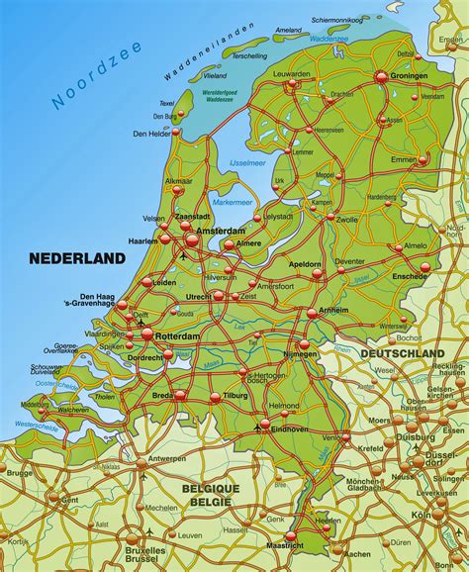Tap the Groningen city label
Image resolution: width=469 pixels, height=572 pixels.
(408, 76)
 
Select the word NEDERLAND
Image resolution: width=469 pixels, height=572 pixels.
(78, 258)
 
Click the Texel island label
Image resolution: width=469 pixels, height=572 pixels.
(166, 101)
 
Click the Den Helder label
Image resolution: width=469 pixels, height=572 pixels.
(153, 134)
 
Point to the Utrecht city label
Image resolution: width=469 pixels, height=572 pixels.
(196, 296)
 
